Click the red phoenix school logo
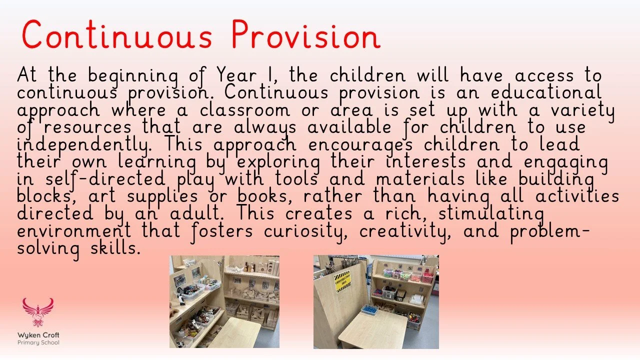37,312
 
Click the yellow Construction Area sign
342,281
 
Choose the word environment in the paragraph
74,231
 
